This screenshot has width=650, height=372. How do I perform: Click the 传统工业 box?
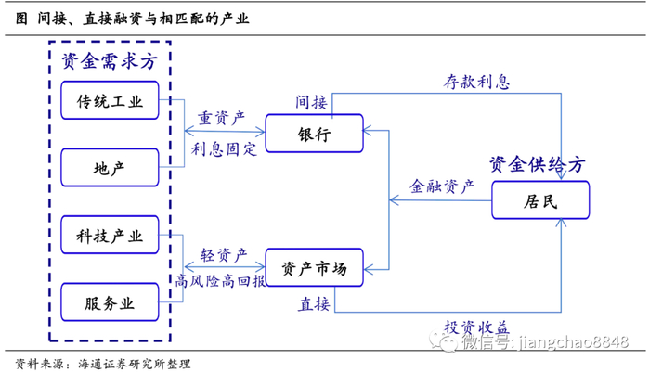pyautogui.click(x=110, y=102)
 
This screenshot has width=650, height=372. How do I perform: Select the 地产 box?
pyautogui.click(x=110, y=169)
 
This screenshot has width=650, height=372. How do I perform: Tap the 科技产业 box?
pyautogui.click(x=110, y=237)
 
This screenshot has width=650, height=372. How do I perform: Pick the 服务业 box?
pyautogui.click(x=110, y=303)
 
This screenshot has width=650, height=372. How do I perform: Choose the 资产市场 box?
pyautogui.click(x=315, y=269)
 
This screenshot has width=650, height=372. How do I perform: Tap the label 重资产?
pyautogui.click(x=222, y=118)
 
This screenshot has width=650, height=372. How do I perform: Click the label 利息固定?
pyautogui.click(x=224, y=148)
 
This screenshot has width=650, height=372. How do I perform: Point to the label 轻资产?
pyautogui.click(x=222, y=252)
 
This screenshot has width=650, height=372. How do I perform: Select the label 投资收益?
pyautogui.click(x=475, y=326)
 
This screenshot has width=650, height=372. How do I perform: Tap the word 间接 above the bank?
pyautogui.click(x=311, y=101)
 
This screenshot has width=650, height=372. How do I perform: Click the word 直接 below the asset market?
pyautogui.click(x=313, y=303)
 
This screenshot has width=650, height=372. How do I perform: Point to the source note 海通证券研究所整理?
pyautogui.click(x=136, y=361)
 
